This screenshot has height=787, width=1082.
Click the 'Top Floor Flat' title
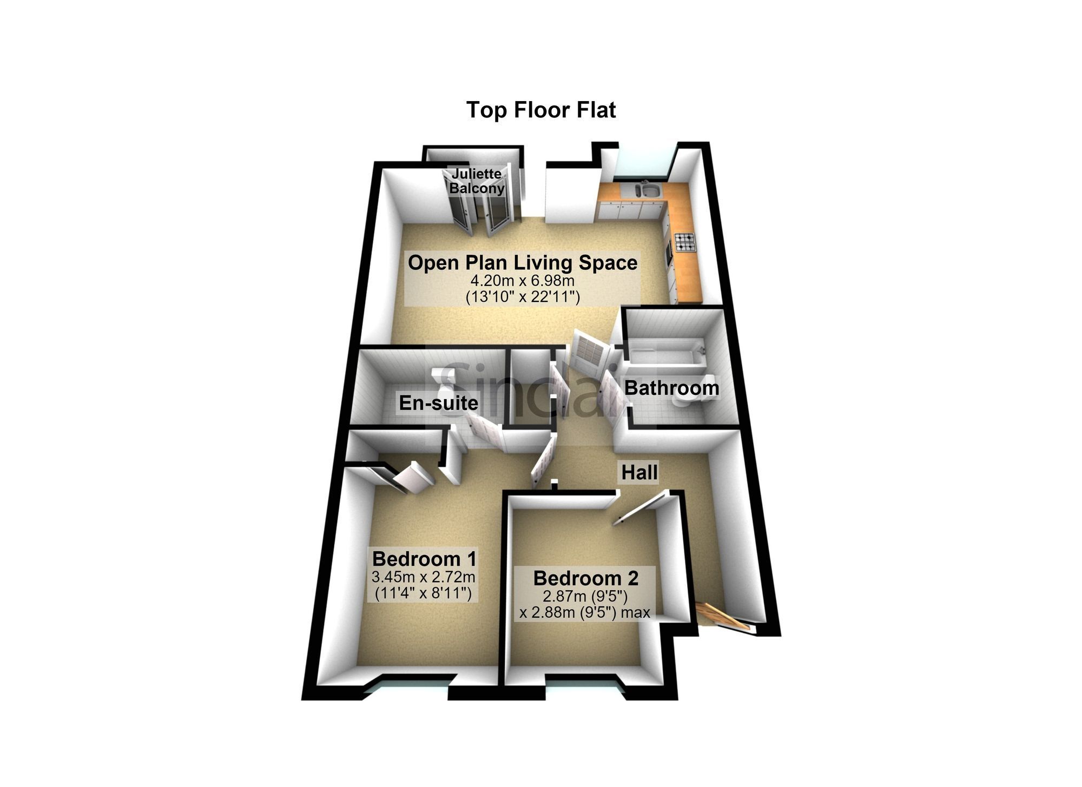(541, 110)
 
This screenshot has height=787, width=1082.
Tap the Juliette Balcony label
(477, 181)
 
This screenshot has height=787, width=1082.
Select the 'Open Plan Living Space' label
(523, 263)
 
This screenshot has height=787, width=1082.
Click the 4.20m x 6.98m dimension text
(522, 281)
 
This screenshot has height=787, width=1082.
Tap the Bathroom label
(672, 388)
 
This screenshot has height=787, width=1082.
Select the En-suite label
(439, 403)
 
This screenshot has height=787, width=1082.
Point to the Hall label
(639, 472)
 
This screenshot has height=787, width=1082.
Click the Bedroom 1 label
(424, 558)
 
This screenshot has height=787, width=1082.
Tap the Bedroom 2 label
(586, 578)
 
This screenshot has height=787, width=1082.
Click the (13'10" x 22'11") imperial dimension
(523, 297)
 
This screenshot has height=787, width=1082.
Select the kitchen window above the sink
(644, 162)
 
